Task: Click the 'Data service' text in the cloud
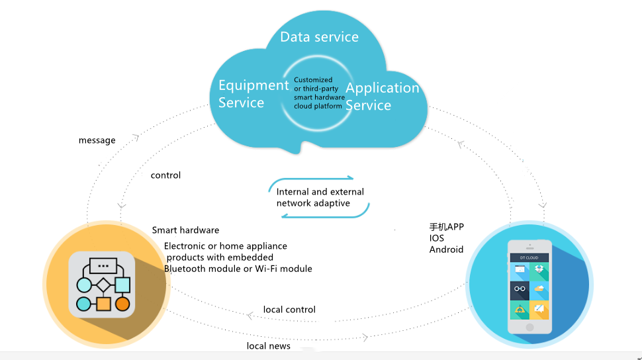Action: (x=320, y=37)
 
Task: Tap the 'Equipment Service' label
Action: (x=253, y=94)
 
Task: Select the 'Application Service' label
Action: (x=383, y=96)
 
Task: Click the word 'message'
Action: (x=97, y=140)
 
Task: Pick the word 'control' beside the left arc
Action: (x=165, y=175)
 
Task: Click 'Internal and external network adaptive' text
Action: (x=320, y=197)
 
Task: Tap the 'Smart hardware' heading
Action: (x=185, y=230)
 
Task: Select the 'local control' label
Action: (x=289, y=310)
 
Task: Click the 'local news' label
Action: (x=268, y=346)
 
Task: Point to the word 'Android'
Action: (x=446, y=249)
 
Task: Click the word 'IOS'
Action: (x=436, y=238)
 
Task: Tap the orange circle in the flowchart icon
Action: (x=122, y=304)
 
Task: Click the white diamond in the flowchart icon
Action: (x=103, y=285)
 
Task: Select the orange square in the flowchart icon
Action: (x=103, y=304)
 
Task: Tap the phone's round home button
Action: (x=529, y=327)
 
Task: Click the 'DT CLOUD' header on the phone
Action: (x=529, y=257)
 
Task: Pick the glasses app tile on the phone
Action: (x=520, y=289)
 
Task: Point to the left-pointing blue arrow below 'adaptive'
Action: (x=327, y=214)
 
